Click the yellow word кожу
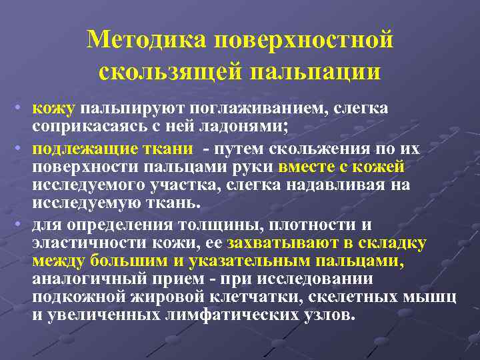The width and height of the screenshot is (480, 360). [x=53, y=109]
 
